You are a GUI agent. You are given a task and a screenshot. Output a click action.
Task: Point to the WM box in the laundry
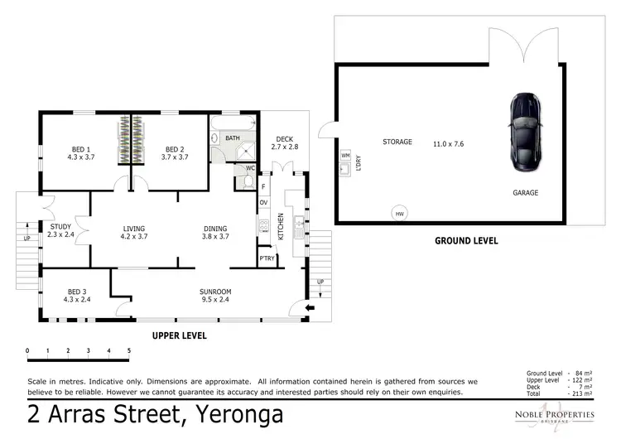(345, 155)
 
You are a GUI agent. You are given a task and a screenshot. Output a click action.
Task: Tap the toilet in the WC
(248, 182)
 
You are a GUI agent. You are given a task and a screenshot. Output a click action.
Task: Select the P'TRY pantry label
(267, 258)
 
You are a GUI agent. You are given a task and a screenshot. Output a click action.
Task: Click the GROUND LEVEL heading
(466, 241)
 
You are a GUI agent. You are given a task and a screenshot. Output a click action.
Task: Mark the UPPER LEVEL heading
(178, 336)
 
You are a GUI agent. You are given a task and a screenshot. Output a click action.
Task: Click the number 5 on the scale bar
(128, 350)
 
